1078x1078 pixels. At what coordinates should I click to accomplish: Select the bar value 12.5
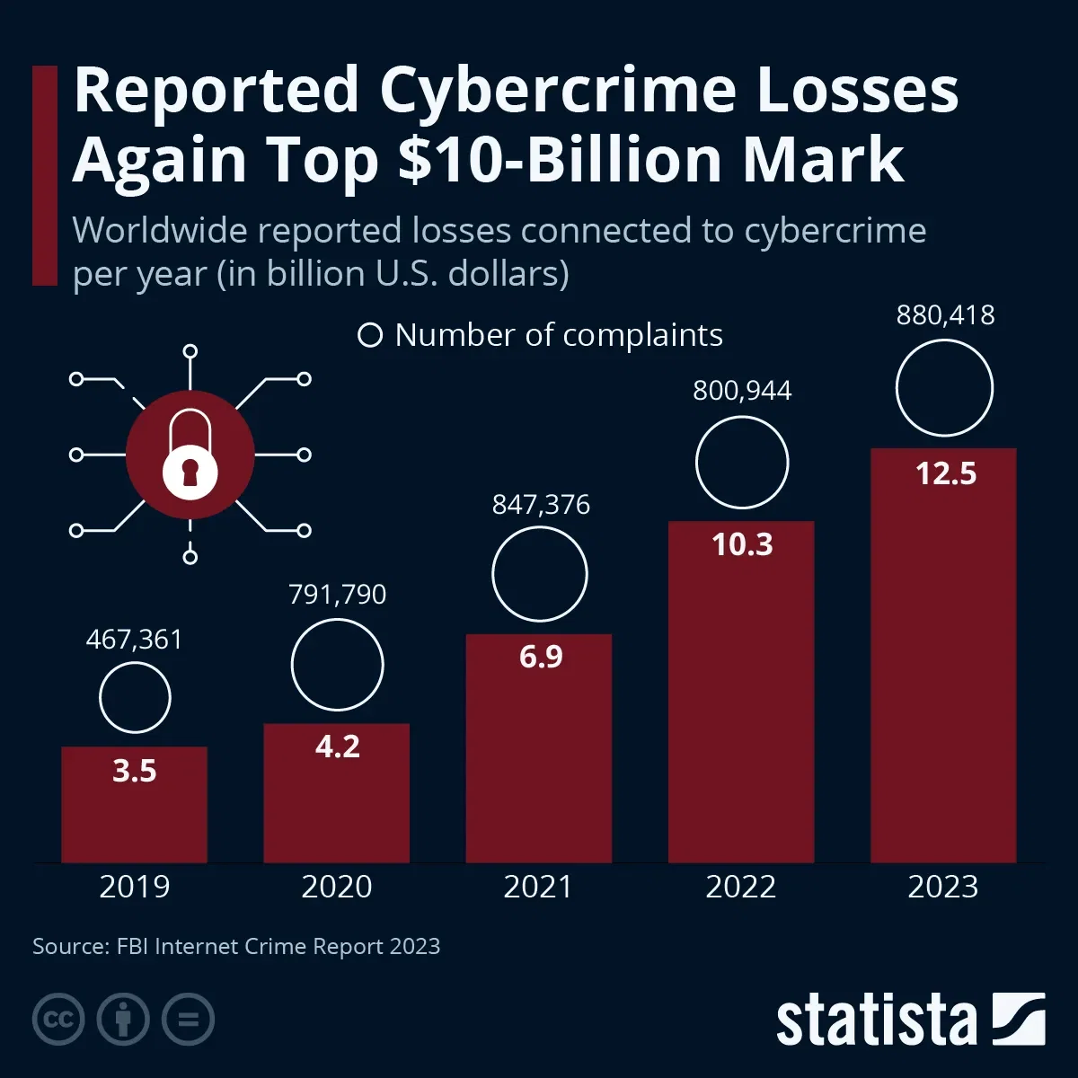coord(946,473)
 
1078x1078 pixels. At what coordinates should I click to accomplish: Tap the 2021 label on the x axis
coord(538,887)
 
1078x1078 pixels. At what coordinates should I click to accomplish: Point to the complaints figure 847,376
coord(541,505)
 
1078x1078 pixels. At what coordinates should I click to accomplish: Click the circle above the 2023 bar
coord(944,388)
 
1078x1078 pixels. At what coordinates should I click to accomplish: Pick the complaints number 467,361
coord(134,640)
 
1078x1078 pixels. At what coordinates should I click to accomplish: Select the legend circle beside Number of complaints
coord(369,335)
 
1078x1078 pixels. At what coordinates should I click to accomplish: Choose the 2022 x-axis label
coord(740,887)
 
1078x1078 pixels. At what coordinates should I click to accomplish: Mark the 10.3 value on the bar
coord(742,544)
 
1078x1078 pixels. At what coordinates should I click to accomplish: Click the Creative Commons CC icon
coord(58,1020)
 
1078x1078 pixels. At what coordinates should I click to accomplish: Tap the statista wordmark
coord(876,1021)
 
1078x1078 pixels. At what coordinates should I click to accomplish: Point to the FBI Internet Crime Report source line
coord(236,946)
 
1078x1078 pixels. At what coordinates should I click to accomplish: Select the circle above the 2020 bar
coord(338,666)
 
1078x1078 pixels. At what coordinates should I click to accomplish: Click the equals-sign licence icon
coord(188,1020)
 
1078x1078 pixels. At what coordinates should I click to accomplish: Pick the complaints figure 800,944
coord(742,391)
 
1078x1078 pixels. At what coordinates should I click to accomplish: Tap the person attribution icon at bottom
coord(123,1020)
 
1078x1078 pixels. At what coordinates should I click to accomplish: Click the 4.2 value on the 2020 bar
coord(338,747)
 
